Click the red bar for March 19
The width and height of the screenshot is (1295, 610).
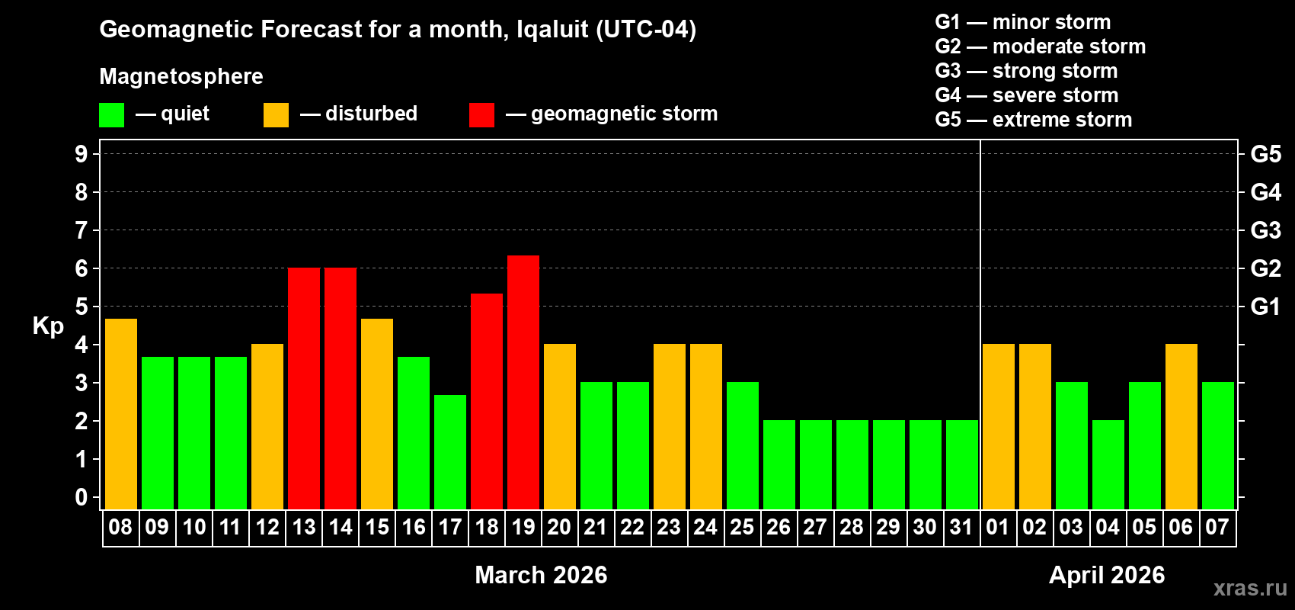pos(523,382)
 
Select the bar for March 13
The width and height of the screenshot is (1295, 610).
pos(304,388)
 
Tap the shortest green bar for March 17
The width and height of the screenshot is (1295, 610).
pos(450,451)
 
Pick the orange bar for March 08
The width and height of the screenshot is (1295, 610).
pos(121,413)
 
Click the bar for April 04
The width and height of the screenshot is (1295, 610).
pos(1108,464)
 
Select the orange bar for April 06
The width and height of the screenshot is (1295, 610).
pos(1181,426)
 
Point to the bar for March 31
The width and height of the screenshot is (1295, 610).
pos(962,464)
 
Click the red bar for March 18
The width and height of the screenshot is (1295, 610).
pos(487,401)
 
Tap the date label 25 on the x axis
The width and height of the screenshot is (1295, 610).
pos(742,527)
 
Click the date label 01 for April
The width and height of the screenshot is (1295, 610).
pos(998,527)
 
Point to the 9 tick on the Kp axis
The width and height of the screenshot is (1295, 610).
pos(82,154)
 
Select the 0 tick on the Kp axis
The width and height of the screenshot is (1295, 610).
pos(82,498)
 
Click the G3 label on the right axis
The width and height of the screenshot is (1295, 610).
pos(1265,230)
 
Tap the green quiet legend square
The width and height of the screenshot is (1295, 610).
pos(112,115)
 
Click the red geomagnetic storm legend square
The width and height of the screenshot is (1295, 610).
pos(481,115)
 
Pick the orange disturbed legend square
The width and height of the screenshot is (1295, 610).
pos(276,115)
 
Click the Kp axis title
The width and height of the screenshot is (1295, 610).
pos(48,326)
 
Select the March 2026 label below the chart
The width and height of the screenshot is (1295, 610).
pos(541,575)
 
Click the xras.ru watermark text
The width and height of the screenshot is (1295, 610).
pos(1250,588)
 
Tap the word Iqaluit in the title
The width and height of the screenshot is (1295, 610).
pos(552,30)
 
